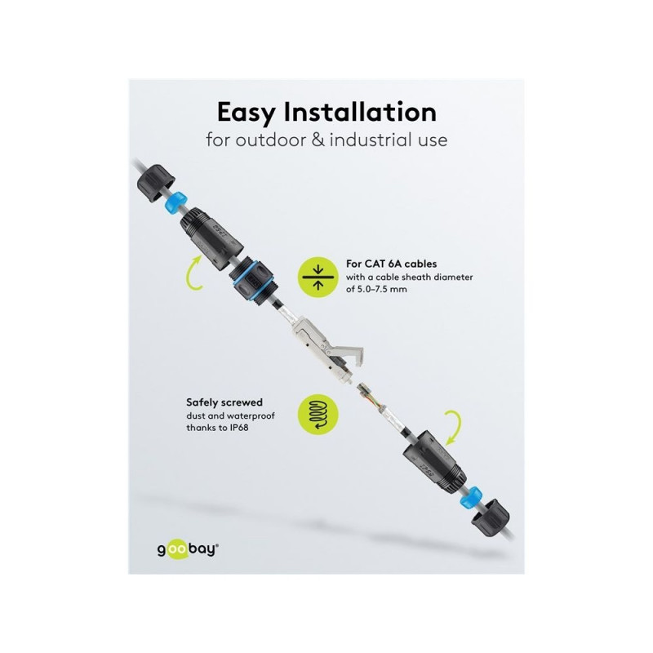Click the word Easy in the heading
pyautogui.click(x=247, y=113)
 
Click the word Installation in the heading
pyautogui.click(x=360, y=112)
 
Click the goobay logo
pyautogui.click(x=188, y=549)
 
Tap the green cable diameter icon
pyautogui.click(x=318, y=277)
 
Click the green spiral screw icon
pyautogui.click(x=318, y=415)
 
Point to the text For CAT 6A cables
pyautogui.click(x=392, y=264)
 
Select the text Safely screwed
pyautogui.click(x=224, y=402)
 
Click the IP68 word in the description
pyautogui.click(x=239, y=428)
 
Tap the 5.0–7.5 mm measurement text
pyautogui.click(x=382, y=289)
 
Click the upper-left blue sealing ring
pyautogui.click(x=175, y=200)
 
